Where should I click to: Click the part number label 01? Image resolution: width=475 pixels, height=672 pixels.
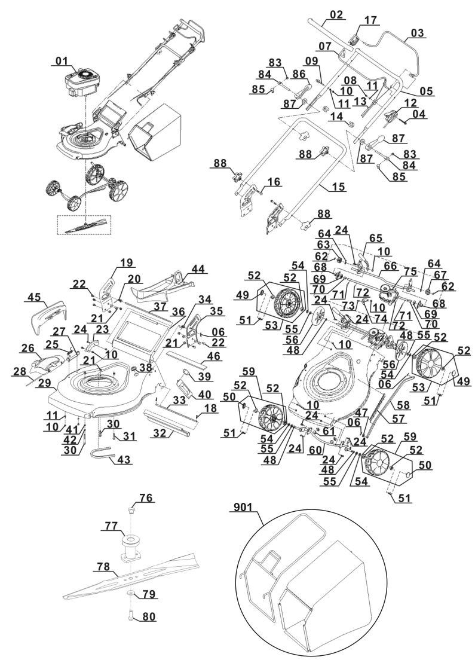(x=62, y=61)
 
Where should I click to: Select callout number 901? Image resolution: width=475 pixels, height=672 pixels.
(x=243, y=508)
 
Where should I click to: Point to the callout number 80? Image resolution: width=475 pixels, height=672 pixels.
(x=149, y=617)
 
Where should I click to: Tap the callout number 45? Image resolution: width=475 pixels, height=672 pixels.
(x=35, y=297)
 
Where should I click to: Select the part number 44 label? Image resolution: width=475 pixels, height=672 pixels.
(x=198, y=269)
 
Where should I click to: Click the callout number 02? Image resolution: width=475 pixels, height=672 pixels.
(x=336, y=15)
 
